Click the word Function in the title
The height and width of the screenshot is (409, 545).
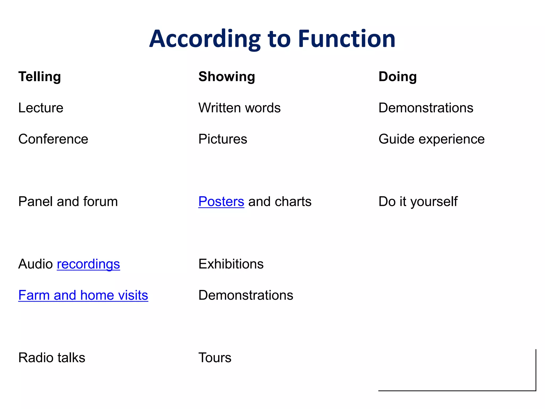[x=346, y=39]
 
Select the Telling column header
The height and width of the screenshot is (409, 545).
[x=40, y=77]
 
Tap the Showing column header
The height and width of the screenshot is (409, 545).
[x=227, y=77]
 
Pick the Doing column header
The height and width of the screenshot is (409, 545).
[x=398, y=77]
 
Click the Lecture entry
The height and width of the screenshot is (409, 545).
[x=41, y=108]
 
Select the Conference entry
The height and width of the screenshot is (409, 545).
[x=53, y=139]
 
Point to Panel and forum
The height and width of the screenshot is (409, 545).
[x=68, y=202]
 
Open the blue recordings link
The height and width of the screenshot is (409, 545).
[x=88, y=264]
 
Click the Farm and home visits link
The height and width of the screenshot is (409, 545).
[x=83, y=295]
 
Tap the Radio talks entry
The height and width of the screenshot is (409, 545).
[x=52, y=358]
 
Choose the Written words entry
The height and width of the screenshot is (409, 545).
[x=240, y=108]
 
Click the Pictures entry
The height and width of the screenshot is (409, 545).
[x=223, y=139]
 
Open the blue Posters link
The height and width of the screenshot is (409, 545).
[x=221, y=202]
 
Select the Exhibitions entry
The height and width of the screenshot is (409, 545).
[x=231, y=264]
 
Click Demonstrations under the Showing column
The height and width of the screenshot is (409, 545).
[x=246, y=295]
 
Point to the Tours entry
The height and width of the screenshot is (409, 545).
[x=215, y=358]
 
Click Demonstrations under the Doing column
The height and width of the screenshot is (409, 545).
[x=426, y=108]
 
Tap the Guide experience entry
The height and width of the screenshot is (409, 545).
[x=431, y=139]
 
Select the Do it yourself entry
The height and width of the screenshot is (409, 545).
[x=418, y=202]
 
